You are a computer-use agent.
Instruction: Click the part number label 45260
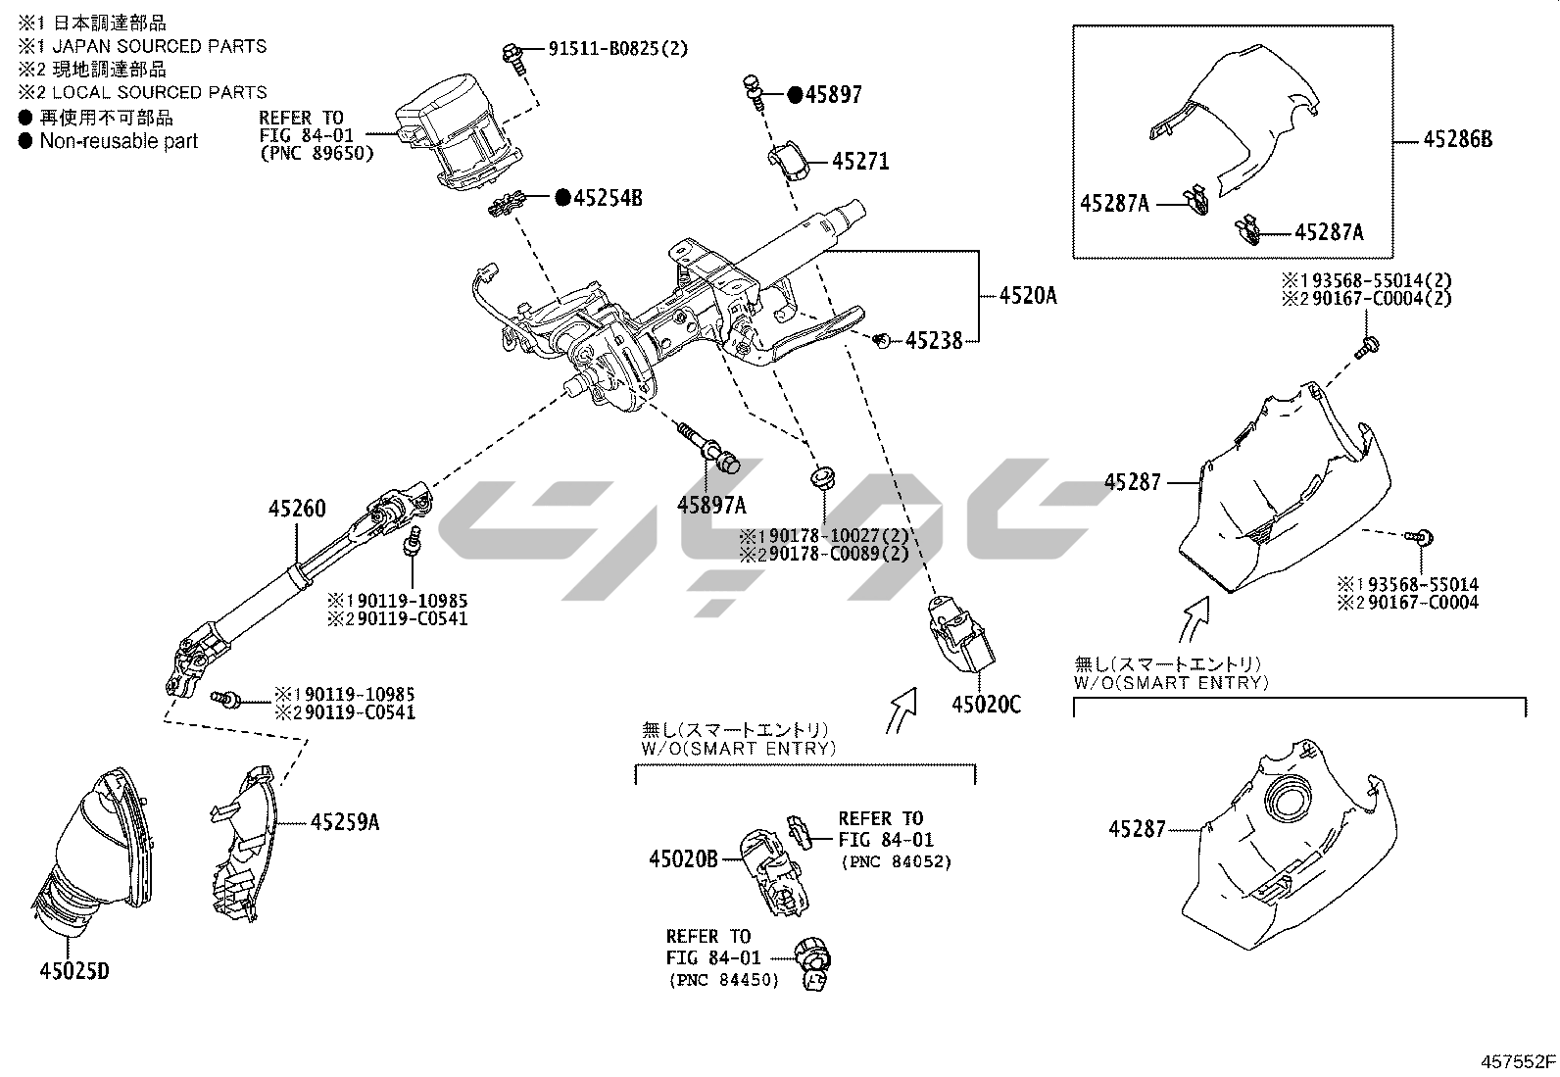tap(298, 509)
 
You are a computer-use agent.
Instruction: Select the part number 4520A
tap(1028, 294)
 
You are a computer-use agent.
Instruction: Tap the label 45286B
tap(1458, 140)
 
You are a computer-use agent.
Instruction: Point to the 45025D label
tap(74, 971)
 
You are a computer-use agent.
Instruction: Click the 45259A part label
tap(344, 822)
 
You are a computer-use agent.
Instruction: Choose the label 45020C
tap(986, 704)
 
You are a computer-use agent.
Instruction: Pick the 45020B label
tap(683, 859)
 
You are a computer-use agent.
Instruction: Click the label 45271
tap(860, 162)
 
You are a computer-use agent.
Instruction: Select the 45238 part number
tap(934, 341)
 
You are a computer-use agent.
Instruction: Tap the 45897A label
tap(711, 505)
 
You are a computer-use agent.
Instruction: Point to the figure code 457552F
tap(1518, 1061)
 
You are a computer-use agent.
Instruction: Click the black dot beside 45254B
tap(562, 198)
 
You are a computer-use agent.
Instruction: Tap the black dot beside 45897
tap(795, 95)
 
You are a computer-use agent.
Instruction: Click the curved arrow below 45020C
tap(901, 710)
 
